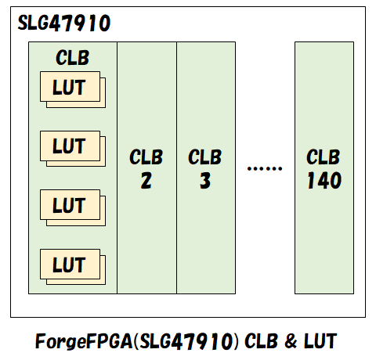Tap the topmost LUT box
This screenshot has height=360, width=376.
[x=69, y=87]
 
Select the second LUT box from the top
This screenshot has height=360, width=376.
[x=69, y=146]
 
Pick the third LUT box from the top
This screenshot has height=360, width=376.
[x=69, y=206]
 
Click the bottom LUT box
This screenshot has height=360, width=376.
[x=69, y=265]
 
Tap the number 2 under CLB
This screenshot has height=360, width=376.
[x=146, y=181]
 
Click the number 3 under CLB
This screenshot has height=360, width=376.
[x=205, y=181]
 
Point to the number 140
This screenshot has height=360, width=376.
[x=324, y=181]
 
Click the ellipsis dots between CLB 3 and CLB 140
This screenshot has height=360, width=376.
[x=264, y=167]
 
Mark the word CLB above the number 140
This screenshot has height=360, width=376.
[x=324, y=156]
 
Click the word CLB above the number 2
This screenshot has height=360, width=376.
[x=146, y=156]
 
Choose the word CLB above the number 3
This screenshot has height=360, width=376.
[x=205, y=156]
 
